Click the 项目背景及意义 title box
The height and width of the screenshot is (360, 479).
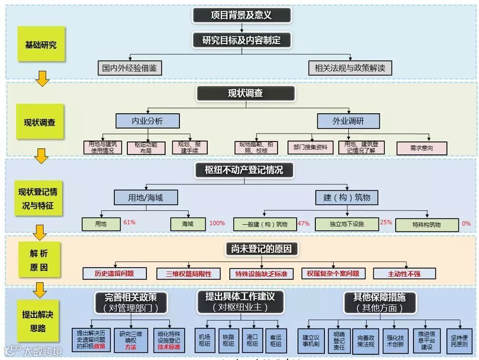coord(241,15)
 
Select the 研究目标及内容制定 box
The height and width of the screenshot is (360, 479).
coord(241,40)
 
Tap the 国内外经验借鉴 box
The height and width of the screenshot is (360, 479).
coord(129,68)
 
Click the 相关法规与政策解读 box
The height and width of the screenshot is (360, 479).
coord(350,68)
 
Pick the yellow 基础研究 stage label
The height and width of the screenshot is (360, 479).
coord(41,44)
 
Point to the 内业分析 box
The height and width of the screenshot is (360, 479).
coord(147,121)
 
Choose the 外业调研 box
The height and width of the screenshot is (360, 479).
coord(348,121)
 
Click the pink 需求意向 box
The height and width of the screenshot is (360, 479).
coord(422,148)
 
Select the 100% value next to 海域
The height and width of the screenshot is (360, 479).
coord(217,223)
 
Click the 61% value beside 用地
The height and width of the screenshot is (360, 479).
coord(130,222)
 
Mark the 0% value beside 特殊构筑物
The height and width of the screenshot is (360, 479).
coord(466,223)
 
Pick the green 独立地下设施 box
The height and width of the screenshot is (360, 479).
coord(346,224)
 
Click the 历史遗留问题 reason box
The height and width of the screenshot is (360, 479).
coord(114,273)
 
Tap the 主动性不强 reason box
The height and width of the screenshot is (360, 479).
coord(404,273)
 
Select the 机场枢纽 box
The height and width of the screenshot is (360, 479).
coord(204,340)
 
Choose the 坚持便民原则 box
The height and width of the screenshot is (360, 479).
coord(459,340)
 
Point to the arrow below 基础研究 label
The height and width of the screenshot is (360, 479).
coord(42,78)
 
